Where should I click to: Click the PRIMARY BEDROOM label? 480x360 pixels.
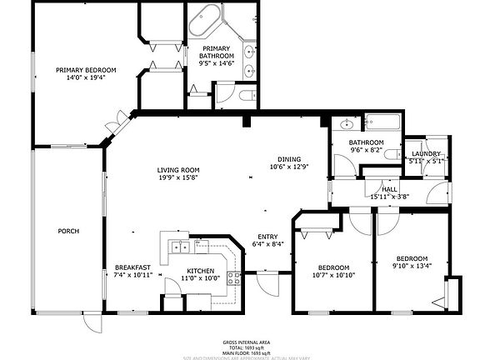(x=86, y=70)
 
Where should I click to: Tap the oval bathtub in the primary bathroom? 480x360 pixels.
(x=206, y=19)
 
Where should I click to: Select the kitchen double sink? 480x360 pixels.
(x=181, y=247)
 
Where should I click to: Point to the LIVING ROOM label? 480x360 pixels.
(x=178, y=171)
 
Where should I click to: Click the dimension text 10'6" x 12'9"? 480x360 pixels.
(x=289, y=167)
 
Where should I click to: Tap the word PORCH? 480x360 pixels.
(x=68, y=231)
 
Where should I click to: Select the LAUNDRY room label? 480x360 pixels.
(x=425, y=155)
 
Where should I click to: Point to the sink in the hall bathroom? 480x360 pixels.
(x=347, y=125)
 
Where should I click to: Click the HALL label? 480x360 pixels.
(x=388, y=190)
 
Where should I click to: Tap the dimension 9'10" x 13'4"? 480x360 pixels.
(x=412, y=267)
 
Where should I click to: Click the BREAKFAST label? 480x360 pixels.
(x=132, y=267)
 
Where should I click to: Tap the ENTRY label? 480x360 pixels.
(x=267, y=237)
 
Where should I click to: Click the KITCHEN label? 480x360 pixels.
(x=200, y=271)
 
